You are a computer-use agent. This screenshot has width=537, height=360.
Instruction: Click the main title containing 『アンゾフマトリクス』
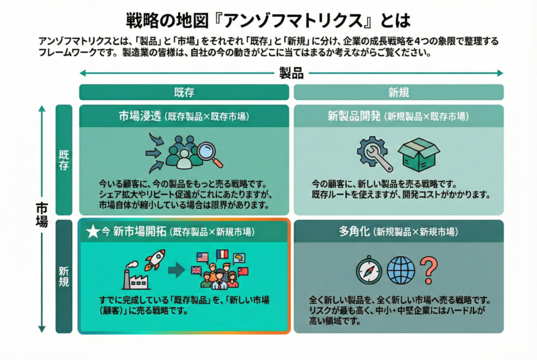tap(268, 20)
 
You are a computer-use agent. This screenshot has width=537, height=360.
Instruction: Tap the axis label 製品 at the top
tap(291, 73)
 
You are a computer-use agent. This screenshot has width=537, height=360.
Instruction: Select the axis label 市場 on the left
tap(41, 214)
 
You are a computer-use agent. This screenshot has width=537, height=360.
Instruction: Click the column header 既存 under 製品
tap(184, 92)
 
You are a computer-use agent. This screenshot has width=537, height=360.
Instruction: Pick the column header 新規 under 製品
tap(399, 92)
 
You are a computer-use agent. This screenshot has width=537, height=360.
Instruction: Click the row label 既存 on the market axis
tap(63, 160)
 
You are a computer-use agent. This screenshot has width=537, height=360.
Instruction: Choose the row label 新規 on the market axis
tap(63, 276)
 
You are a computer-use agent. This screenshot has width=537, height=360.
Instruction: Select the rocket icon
tap(155, 260)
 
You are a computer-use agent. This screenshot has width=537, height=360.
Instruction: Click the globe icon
tap(401, 270)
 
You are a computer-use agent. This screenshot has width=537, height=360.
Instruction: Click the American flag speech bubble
tap(202, 257)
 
